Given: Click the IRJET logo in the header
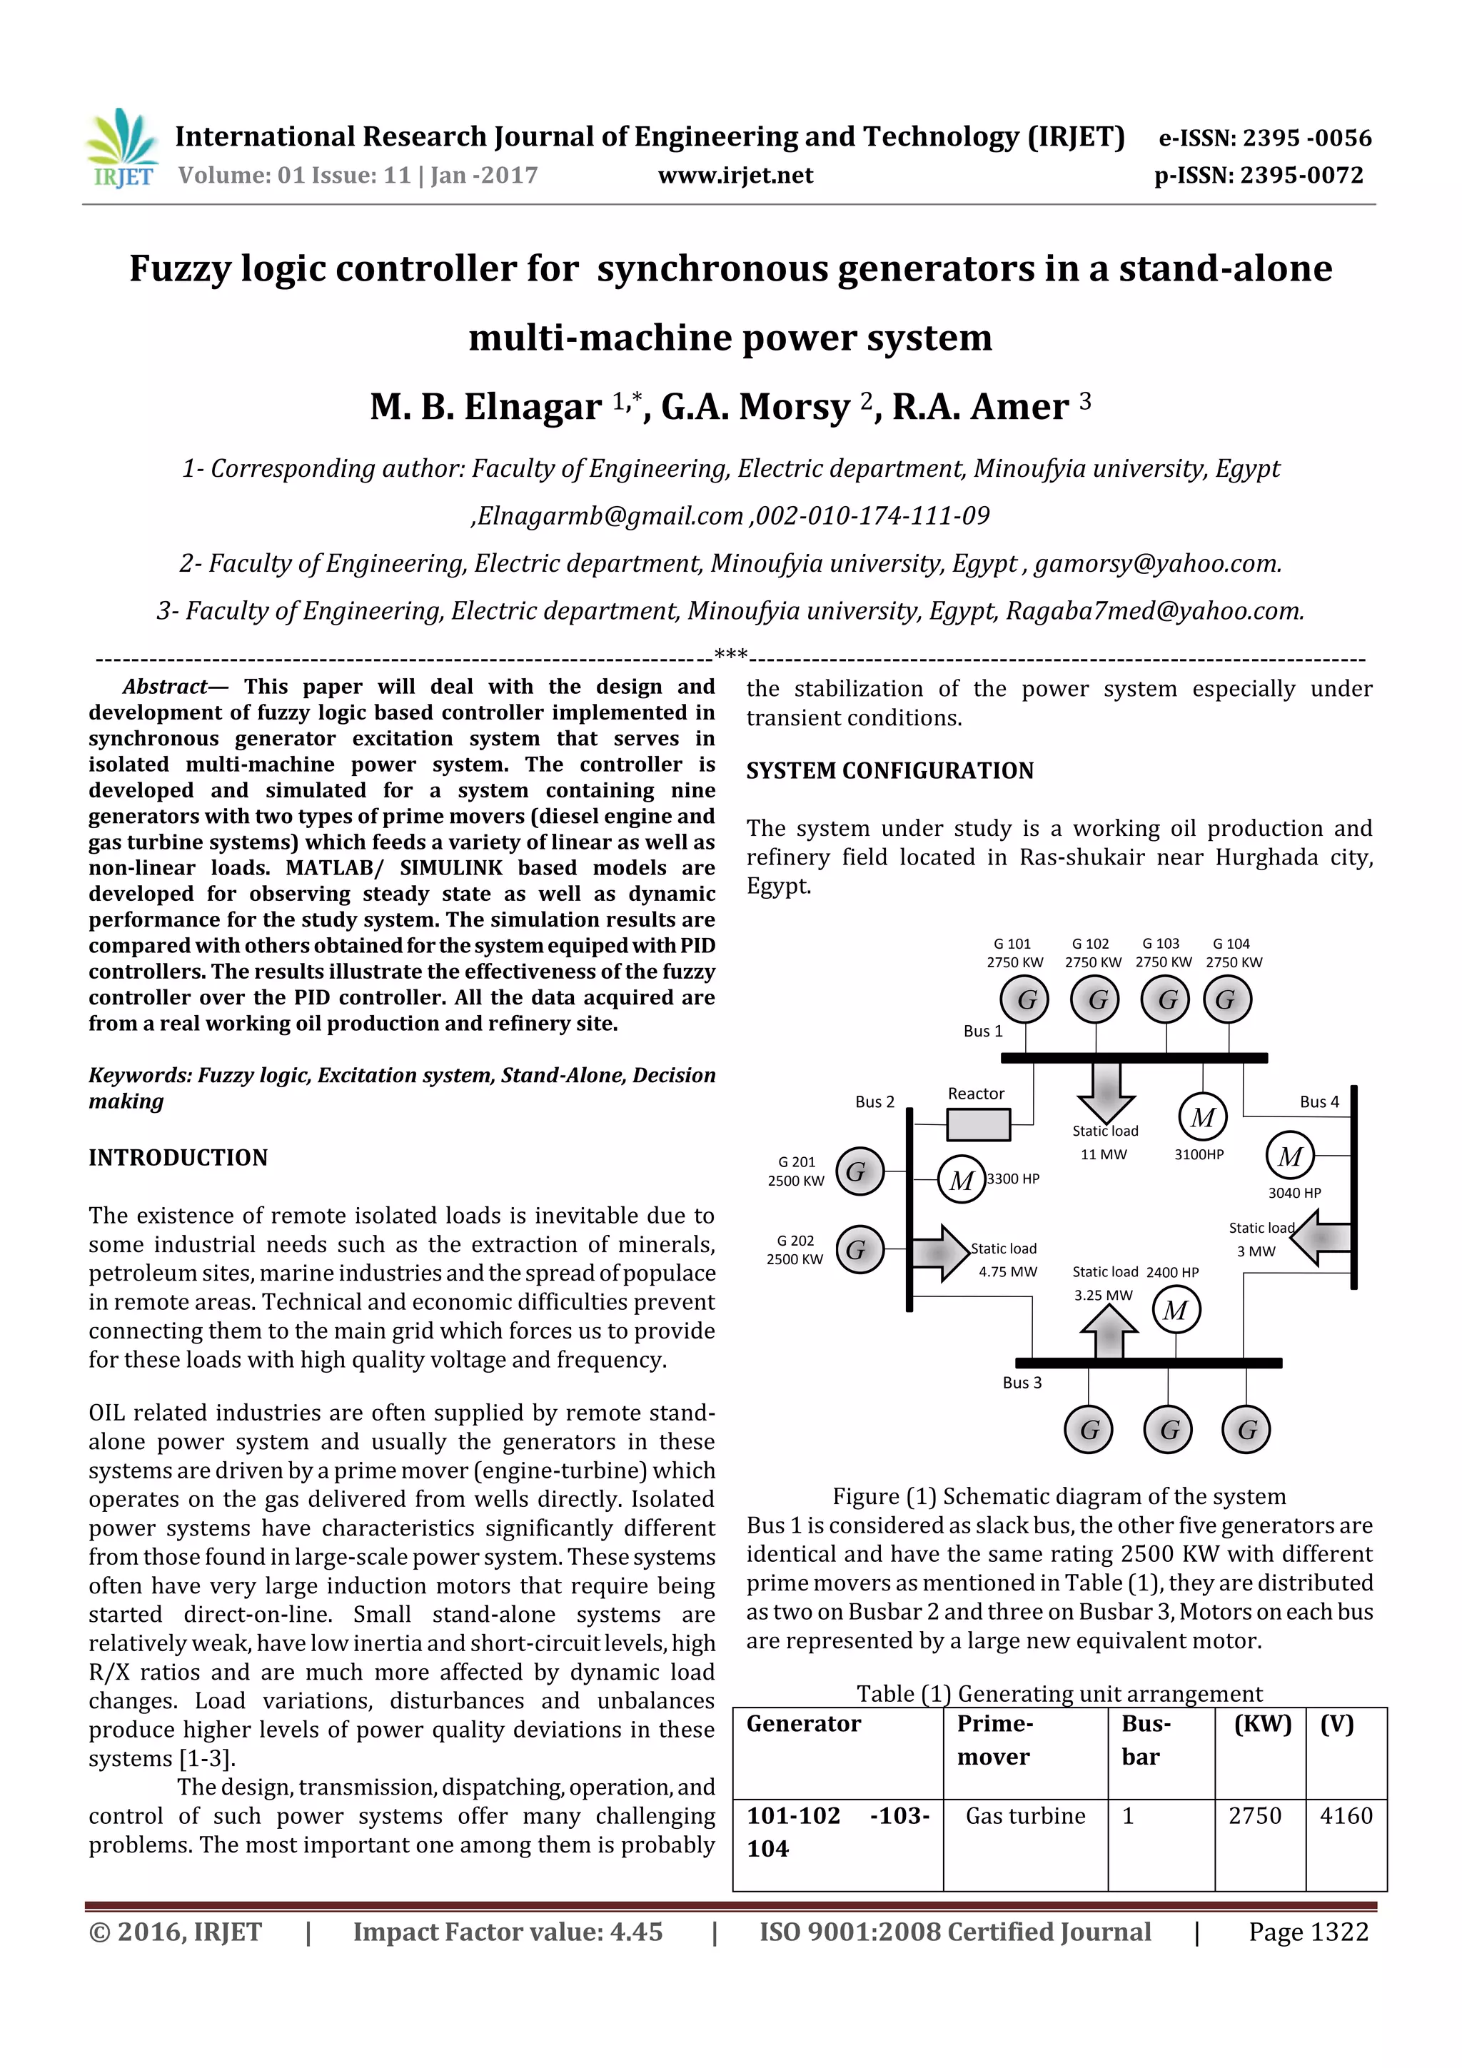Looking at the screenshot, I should tap(121, 148).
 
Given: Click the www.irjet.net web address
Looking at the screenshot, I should tap(735, 176).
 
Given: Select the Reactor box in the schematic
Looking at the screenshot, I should tap(977, 1124).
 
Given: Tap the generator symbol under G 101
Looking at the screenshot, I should tap(1025, 1000).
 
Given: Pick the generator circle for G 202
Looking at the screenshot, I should tap(859, 1249).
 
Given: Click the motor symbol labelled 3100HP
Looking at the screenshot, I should tap(1203, 1118).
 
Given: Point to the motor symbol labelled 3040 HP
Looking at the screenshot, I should tap(1289, 1156).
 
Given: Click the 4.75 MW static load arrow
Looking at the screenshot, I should tap(940, 1252).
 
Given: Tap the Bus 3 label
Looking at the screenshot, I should tap(1022, 1383).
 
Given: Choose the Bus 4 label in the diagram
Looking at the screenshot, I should tap(1319, 1101).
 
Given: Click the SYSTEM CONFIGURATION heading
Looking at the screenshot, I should tap(889, 771).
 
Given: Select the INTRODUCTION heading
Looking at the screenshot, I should tap(178, 1157).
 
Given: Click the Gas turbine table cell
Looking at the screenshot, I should tap(1025, 1816).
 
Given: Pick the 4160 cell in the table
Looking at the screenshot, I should tap(1346, 1816).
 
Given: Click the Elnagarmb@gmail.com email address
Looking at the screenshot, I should tap(610, 516).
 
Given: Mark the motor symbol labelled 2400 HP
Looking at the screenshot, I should tap(1176, 1311).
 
